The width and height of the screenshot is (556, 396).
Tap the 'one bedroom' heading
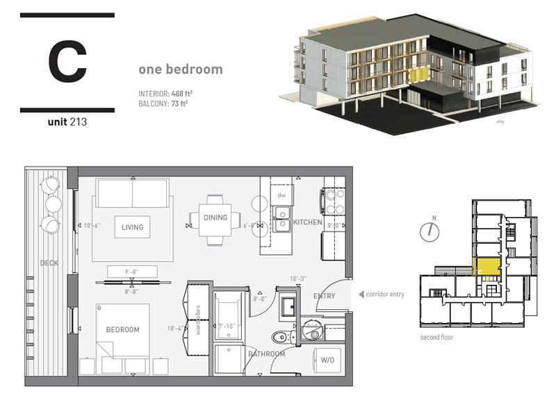(x=180, y=69)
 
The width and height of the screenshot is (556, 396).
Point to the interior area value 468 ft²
(x=182, y=93)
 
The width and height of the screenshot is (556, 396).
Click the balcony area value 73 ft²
(x=179, y=104)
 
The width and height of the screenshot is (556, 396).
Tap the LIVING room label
(x=132, y=227)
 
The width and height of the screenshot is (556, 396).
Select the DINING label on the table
(x=215, y=217)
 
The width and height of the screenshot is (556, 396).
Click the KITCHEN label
(x=306, y=222)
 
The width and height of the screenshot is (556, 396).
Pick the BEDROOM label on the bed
(x=123, y=329)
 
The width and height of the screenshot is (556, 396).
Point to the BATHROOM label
(x=267, y=354)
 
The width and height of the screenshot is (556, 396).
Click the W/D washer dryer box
(x=327, y=361)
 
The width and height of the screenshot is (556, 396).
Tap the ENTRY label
(x=325, y=296)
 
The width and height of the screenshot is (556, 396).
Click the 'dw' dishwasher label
(x=281, y=195)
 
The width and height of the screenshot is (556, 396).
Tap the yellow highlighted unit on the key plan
(x=488, y=265)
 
